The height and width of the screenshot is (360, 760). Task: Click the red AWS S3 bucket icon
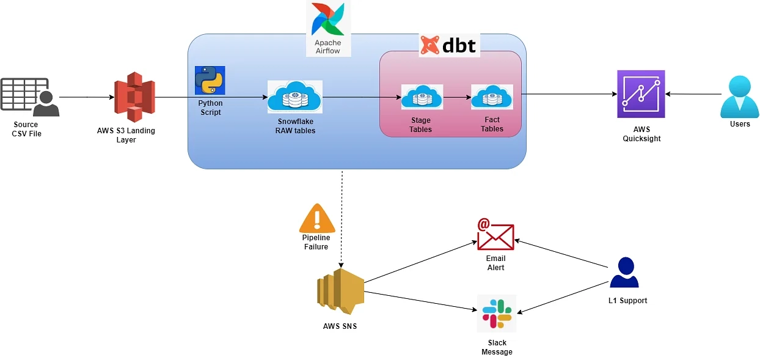[134, 97]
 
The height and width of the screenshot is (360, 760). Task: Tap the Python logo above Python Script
[210, 81]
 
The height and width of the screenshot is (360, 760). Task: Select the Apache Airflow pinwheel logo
[328, 19]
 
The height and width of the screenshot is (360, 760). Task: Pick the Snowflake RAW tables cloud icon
[295, 97]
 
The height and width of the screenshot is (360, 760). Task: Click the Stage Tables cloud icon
[422, 97]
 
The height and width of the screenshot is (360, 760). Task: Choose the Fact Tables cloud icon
[492, 97]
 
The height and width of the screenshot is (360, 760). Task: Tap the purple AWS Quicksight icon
[641, 94]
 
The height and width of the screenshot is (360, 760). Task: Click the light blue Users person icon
[739, 97]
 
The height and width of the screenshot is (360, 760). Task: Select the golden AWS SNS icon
[340, 290]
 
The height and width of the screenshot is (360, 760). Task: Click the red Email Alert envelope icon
[495, 234]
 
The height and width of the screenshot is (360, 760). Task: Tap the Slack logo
[497, 313]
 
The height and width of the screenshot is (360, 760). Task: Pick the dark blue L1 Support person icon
[624, 273]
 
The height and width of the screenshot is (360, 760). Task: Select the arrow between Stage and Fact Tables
[456, 97]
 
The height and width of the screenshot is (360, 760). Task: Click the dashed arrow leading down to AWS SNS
[342, 220]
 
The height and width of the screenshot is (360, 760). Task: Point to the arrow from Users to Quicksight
[693, 94]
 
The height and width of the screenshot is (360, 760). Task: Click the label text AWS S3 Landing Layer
[126, 135]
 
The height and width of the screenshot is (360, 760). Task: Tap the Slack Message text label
[497, 347]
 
